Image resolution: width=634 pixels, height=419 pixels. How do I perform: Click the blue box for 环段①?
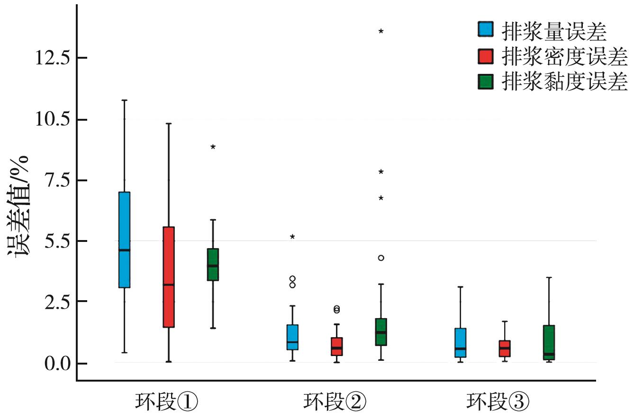click(x=124, y=240)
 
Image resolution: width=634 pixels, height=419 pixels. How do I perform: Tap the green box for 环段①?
click(x=213, y=264)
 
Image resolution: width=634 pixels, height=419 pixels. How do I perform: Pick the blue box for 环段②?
click(x=292, y=337)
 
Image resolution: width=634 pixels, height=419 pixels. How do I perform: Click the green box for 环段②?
click(x=381, y=332)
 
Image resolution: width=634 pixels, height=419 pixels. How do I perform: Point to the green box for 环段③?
click(x=549, y=343)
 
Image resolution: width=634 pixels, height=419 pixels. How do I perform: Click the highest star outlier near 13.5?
click(x=381, y=31)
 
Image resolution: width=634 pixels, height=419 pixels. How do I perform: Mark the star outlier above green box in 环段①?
click(x=213, y=147)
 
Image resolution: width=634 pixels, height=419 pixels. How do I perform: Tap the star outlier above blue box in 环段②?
click(x=292, y=236)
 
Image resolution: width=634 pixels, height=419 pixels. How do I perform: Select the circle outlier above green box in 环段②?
click(x=381, y=258)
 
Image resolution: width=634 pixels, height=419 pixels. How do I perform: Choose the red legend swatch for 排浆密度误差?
click(x=486, y=56)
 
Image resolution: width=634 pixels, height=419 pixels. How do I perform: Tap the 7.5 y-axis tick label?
click(x=53, y=180)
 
